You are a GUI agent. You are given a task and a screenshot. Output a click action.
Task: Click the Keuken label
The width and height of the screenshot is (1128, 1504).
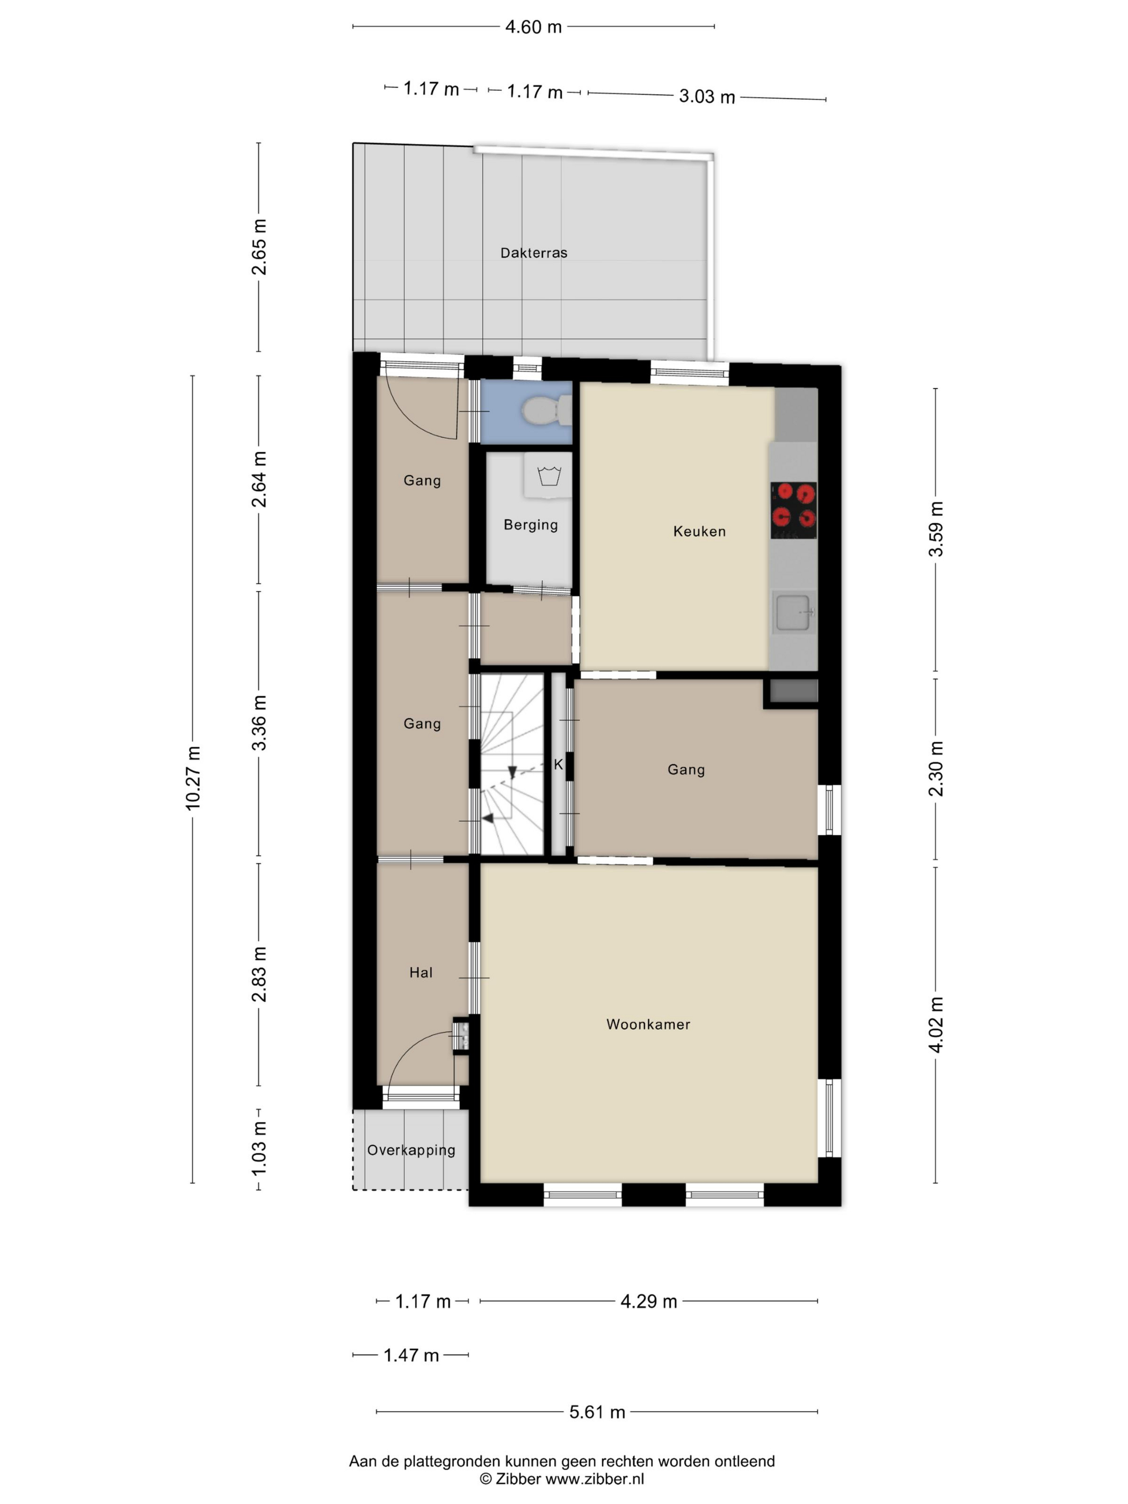[x=699, y=532]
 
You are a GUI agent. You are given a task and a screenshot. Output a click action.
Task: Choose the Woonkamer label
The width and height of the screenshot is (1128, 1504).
[x=648, y=1025]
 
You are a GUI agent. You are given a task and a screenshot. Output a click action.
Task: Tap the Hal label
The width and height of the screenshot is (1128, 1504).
[x=421, y=972]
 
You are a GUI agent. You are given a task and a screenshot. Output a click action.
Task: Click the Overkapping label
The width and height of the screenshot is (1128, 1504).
[x=411, y=1151]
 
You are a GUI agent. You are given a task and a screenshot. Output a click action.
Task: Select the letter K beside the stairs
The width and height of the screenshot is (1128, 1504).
[x=558, y=765]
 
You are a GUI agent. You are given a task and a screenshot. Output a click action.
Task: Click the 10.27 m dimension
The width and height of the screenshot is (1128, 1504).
[x=193, y=778]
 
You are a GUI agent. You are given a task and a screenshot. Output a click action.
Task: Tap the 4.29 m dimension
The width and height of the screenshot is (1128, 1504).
[x=649, y=1301]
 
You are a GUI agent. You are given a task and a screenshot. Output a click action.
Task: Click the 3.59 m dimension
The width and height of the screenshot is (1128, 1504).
[x=936, y=529]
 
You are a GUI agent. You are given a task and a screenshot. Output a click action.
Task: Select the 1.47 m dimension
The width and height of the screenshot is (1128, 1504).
[x=411, y=1355]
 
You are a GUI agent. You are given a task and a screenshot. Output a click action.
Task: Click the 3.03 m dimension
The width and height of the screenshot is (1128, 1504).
[x=707, y=97]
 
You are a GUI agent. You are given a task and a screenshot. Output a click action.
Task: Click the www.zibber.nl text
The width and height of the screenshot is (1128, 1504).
[x=595, y=1479]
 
